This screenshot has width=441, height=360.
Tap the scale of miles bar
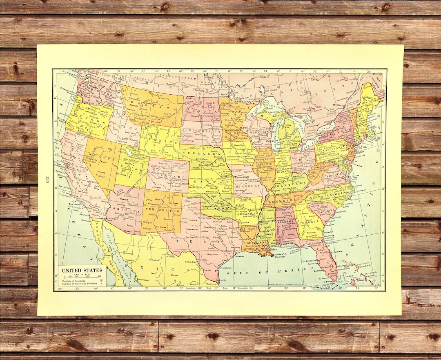tap(82, 277)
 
